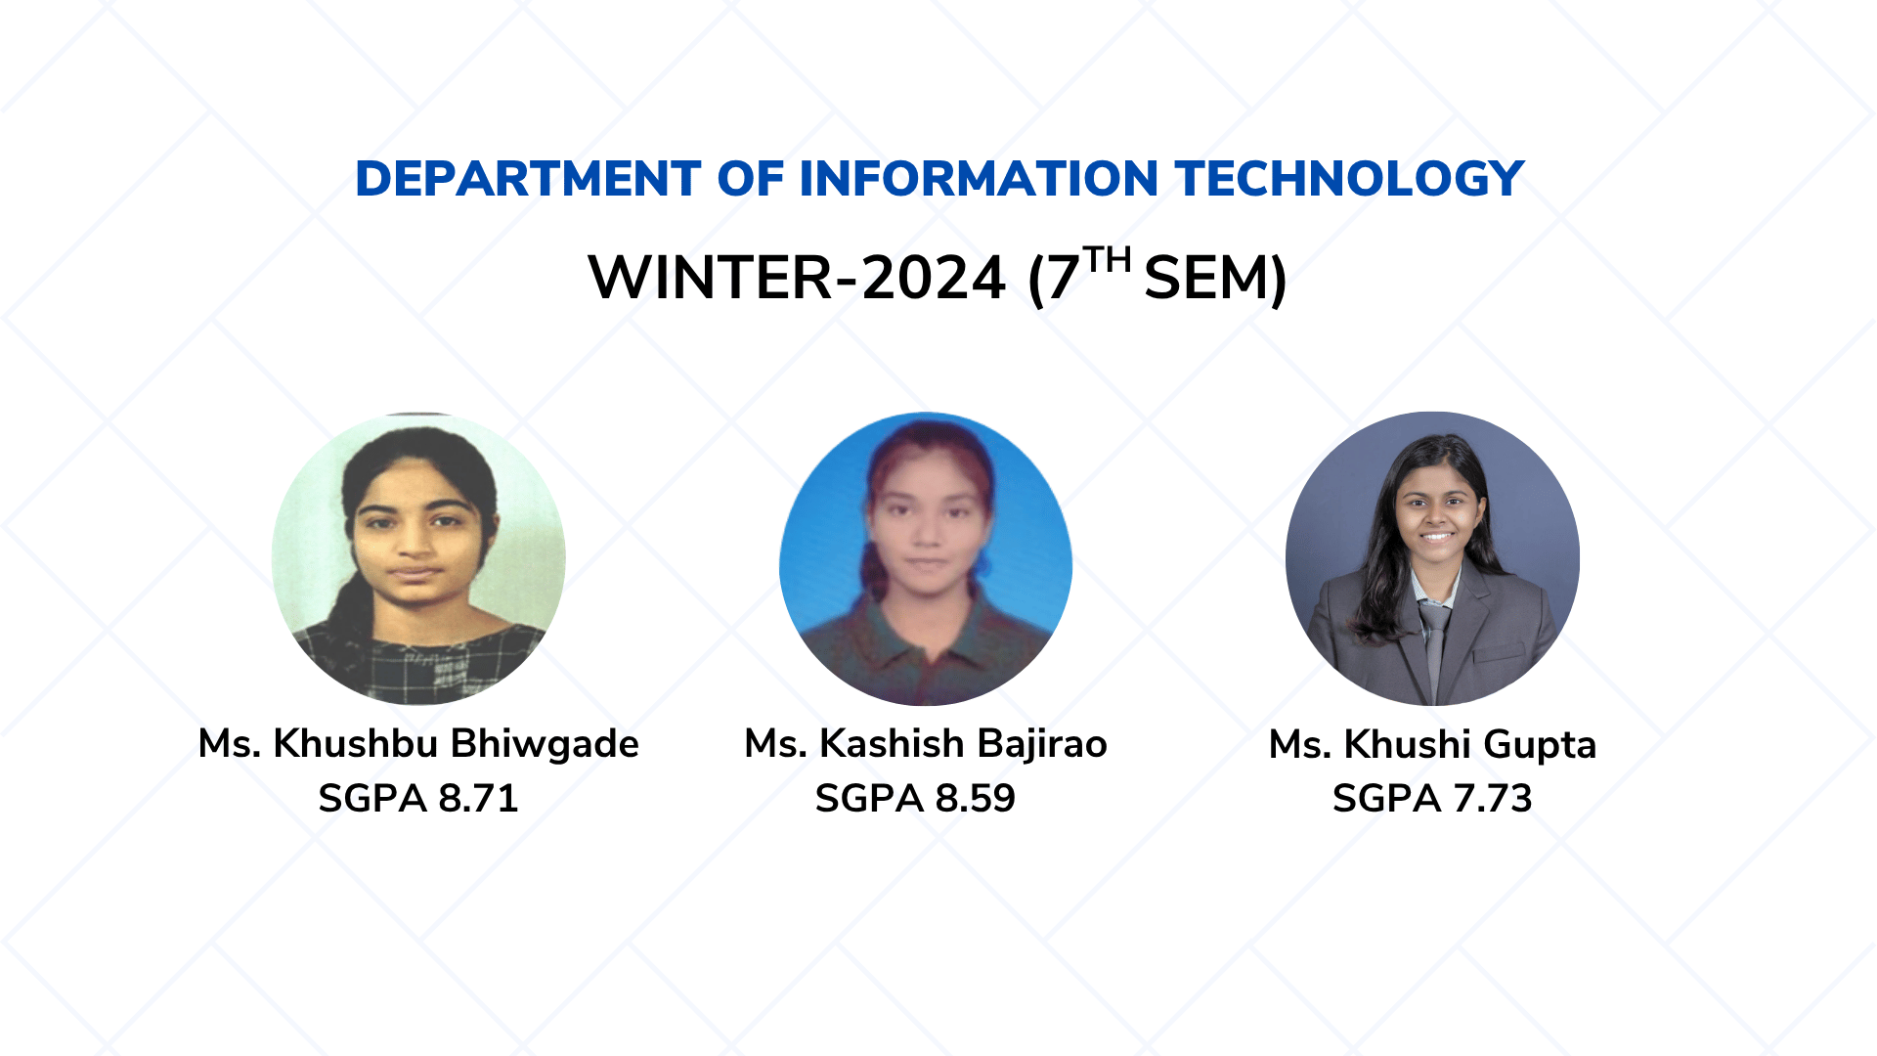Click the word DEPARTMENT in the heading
[528, 179]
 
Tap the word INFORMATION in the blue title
[980, 179]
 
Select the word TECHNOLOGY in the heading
[1350, 179]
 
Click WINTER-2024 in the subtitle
[797, 278]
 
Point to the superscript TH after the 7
[1108, 260]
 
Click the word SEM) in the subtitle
[1215, 279]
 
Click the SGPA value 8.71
[478, 799]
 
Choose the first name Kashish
[892, 744]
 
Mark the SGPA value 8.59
[976, 799]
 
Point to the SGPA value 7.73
[1493, 799]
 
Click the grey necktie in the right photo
[1434, 645]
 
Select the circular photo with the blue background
[926, 558]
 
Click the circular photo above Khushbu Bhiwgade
[418, 558]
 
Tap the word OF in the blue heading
[751, 179]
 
